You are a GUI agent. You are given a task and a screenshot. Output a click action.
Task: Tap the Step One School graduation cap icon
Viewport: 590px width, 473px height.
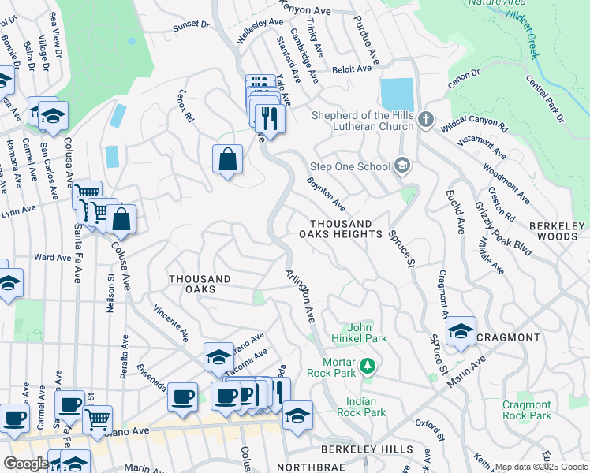pyautogui.click(x=402, y=166)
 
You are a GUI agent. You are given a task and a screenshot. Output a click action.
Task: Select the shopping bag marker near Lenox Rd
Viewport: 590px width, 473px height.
pyautogui.click(x=227, y=160)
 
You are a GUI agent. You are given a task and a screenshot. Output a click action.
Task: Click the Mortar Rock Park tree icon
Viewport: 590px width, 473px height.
pyautogui.click(x=367, y=366)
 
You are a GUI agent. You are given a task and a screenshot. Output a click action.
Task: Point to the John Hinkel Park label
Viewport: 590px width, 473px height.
pyautogui.click(x=360, y=333)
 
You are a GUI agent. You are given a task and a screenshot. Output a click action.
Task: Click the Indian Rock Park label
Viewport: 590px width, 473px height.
pyautogui.click(x=361, y=406)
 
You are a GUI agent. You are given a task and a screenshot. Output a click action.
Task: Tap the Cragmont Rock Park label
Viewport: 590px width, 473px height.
pyautogui.click(x=526, y=410)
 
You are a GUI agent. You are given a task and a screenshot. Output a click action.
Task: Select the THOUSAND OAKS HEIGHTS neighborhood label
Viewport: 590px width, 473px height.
pyautogui.click(x=345, y=229)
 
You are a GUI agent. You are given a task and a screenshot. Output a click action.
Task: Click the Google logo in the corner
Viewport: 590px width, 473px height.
pyautogui.click(x=26, y=464)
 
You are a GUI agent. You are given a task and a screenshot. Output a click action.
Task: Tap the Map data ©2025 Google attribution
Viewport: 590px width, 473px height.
pyautogui.click(x=541, y=467)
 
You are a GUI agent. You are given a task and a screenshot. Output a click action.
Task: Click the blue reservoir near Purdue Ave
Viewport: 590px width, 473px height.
pyautogui.click(x=396, y=95)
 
